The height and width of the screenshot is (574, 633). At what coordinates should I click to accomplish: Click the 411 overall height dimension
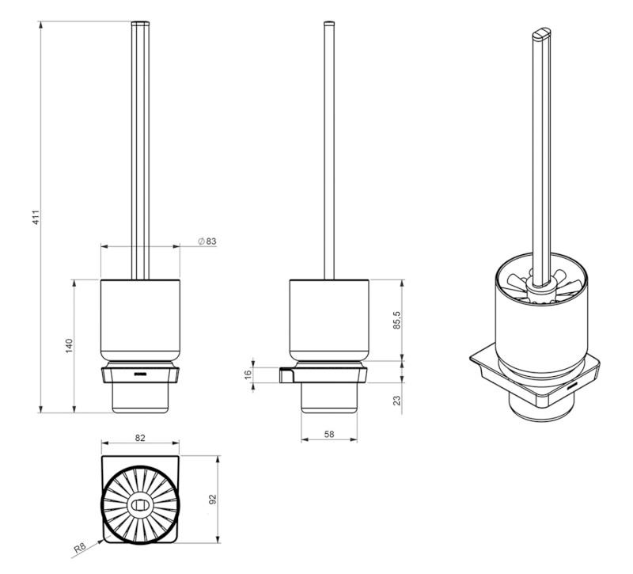click(36, 217)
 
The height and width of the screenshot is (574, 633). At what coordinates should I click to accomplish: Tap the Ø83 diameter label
click(207, 241)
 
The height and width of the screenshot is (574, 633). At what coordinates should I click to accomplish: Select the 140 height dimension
click(69, 346)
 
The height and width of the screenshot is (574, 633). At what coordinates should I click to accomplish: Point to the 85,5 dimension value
click(397, 320)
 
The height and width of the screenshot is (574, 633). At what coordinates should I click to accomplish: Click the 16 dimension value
click(248, 374)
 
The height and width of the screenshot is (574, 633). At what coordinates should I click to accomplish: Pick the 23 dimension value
click(397, 401)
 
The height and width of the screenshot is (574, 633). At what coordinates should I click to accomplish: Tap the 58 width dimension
click(329, 434)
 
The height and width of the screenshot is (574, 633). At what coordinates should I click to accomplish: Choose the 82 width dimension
click(140, 438)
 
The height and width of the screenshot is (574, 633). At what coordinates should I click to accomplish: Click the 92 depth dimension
click(213, 500)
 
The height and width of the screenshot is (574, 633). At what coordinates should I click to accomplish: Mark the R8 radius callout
click(80, 548)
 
